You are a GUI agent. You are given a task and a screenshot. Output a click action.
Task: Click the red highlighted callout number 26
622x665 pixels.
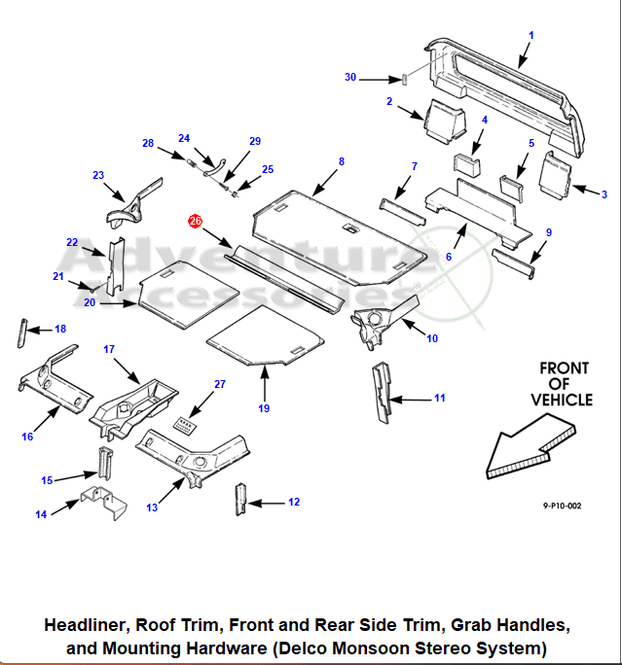(196, 222)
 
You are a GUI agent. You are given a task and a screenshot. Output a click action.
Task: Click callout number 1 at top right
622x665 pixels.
(531, 35)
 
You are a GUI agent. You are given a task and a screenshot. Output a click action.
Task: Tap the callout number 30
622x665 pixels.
(350, 78)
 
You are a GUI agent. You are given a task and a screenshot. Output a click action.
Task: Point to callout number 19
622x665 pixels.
(264, 408)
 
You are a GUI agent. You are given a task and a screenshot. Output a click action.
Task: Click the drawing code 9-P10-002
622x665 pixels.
(563, 506)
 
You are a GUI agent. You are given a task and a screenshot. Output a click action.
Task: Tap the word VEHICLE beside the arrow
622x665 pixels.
(562, 400)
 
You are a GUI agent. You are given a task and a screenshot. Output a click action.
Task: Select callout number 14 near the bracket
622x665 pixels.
(41, 514)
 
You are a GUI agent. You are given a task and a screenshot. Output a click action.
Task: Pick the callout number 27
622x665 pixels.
(220, 385)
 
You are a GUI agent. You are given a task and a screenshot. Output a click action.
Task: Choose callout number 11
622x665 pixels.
(439, 398)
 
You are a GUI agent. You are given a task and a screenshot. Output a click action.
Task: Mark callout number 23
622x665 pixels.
(98, 175)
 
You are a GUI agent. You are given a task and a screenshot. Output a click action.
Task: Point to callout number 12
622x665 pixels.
(294, 502)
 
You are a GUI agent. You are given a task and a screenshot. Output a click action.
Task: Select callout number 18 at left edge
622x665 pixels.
(60, 330)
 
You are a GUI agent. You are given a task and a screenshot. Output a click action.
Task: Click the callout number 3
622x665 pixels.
(604, 194)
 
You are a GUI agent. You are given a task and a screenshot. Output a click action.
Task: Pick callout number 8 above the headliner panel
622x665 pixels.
(342, 161)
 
